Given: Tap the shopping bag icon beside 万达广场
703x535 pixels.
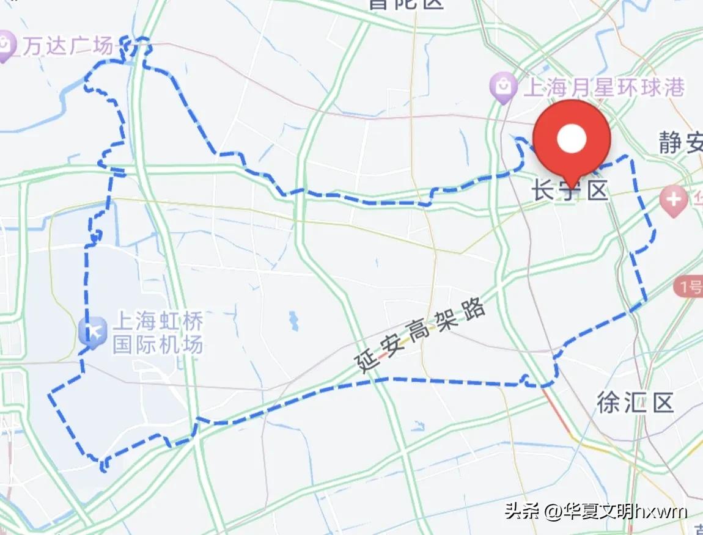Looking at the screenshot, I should click(6, 46).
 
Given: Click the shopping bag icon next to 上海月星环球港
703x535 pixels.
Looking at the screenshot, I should click(503, 87).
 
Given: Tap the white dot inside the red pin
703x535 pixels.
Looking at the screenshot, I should click(572, 139).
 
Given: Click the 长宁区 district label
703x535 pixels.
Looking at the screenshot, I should click(570, 192).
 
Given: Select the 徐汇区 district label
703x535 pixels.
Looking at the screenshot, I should click(635, 402).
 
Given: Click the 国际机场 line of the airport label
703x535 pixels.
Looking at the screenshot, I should click(157, 345).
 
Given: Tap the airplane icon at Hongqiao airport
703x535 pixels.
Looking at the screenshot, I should click(94, 333).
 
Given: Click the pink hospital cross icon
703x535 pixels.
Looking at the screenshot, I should click(674, 200).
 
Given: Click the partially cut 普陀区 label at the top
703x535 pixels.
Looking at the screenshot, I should click(406, 4).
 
